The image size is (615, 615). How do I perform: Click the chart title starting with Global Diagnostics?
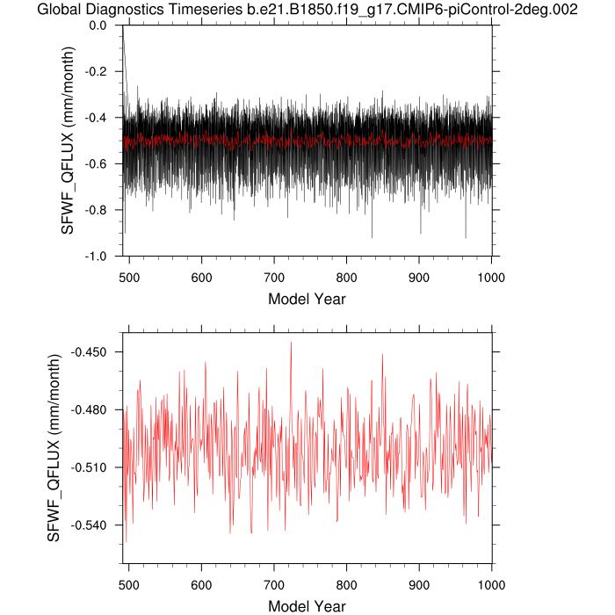(x=307, y=10)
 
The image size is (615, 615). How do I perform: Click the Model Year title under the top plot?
(x=307, y=299)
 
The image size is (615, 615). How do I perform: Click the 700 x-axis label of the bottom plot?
(x=274, y=583)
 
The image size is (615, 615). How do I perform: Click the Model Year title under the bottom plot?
(x=307, y=606)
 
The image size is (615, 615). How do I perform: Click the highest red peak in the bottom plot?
(x=291, y=343)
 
